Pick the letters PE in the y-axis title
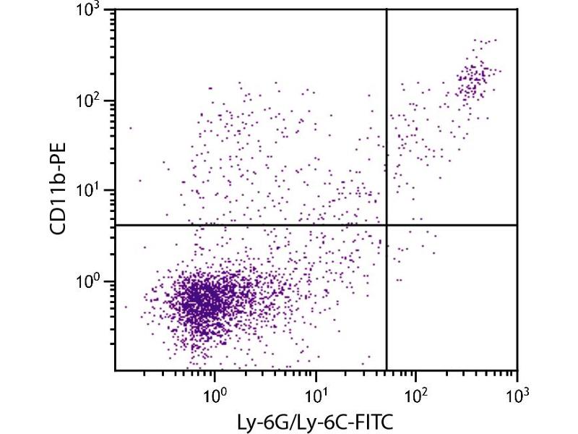61,156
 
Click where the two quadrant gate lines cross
387,225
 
